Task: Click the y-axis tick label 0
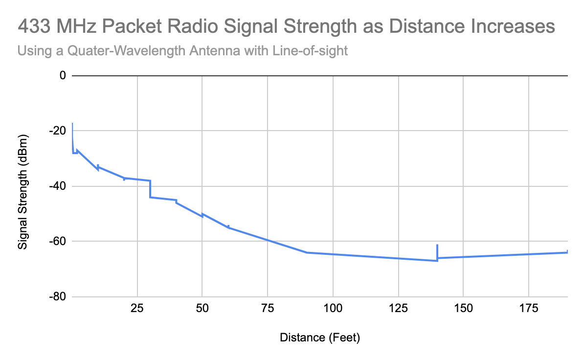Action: [x=62, y=75]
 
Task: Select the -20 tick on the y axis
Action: [x=58, y=131]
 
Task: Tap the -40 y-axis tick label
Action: [x=58, y=186]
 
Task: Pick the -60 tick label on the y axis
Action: [x=58, y=241]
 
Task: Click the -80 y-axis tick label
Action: [x=58, y=297]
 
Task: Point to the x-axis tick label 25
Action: [x=137, y=309]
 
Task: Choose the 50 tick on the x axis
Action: [x=202, y=309]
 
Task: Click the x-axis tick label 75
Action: [x=268, y=309]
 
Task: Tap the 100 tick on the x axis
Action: [x=333, y=309]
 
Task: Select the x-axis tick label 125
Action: [x=398, y=309]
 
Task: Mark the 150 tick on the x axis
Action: [x=463, y=309]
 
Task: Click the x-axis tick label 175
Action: [x=529, y=309]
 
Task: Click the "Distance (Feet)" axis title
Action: [x=320, y=337]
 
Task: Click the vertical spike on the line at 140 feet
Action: [x=437, y=251]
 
